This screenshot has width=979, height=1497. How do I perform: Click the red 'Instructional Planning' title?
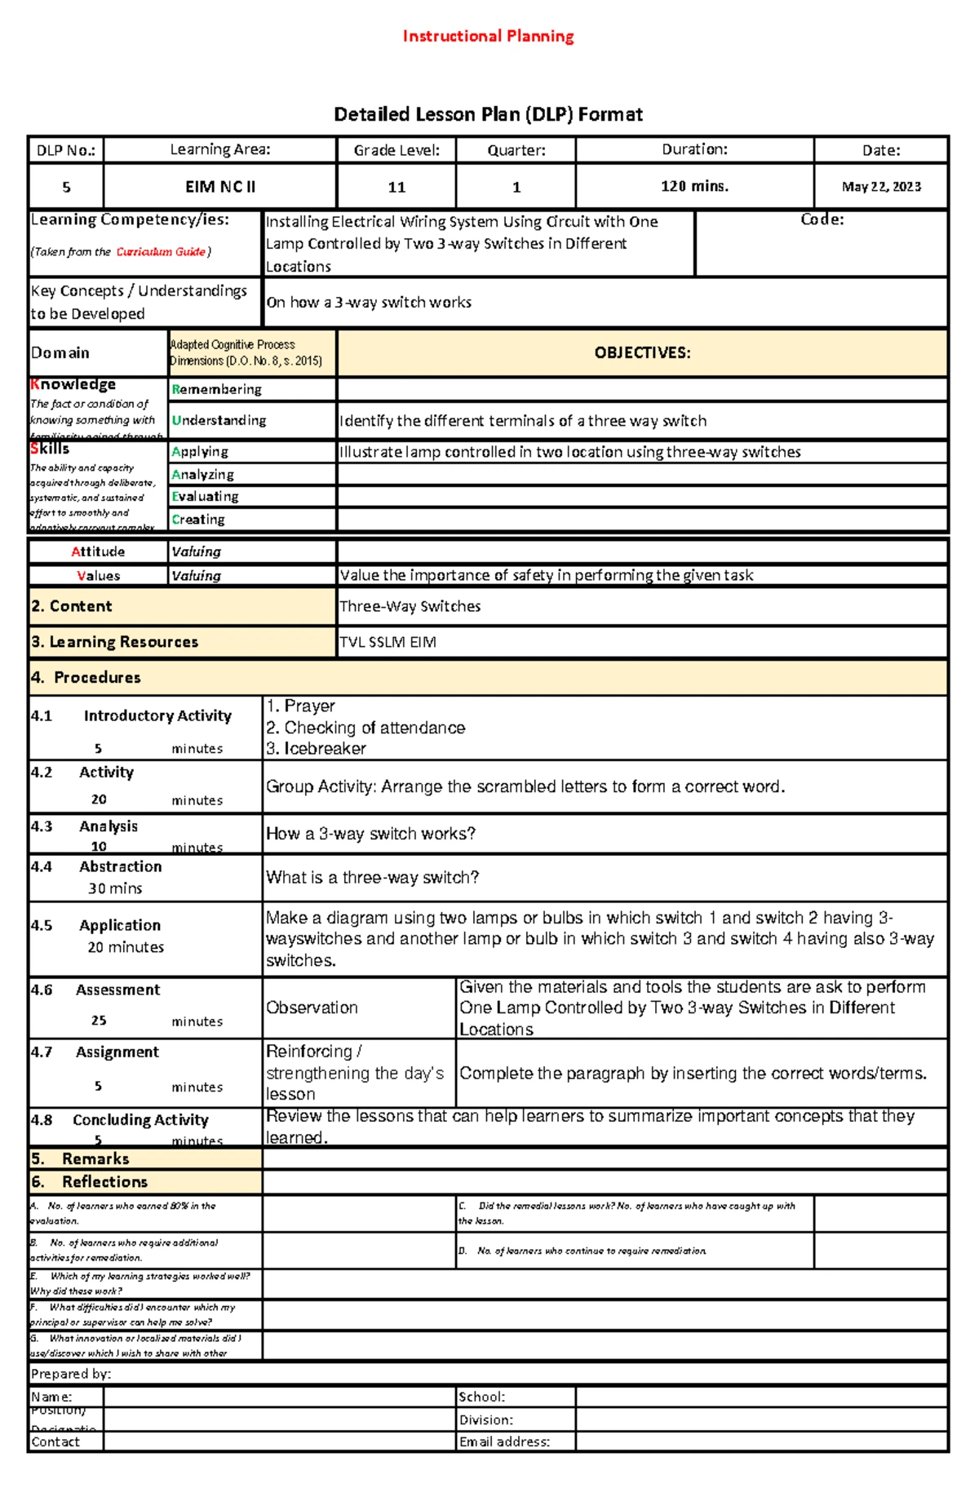[488, 36]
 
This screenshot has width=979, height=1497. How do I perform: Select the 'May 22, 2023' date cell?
[881, 187]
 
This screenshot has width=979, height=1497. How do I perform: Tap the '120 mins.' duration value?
[694, 186]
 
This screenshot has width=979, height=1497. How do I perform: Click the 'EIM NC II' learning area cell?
[220, 187]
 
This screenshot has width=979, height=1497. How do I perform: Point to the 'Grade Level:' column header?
[396, 150]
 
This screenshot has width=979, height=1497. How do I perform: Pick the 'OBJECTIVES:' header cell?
[642, 352]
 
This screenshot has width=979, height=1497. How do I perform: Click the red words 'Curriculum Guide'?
[161, 252]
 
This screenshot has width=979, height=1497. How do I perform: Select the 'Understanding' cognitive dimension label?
[219, 420]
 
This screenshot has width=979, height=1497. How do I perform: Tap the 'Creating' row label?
[198, 519]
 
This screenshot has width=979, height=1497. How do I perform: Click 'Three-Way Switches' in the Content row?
[410, 606]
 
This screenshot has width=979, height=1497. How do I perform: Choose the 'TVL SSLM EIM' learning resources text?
[388, 642]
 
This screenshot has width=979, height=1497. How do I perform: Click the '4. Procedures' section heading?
[86, 677]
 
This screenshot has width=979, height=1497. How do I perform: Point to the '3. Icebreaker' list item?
[316, 748]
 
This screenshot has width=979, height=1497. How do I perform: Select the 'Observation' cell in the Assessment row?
[312, 1008]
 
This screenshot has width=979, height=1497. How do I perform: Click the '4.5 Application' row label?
[96, 925]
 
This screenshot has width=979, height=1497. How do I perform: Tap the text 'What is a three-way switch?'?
[372, 878]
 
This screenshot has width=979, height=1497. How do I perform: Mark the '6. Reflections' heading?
[90, 1181]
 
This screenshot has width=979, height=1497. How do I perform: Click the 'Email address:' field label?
[504, 1442]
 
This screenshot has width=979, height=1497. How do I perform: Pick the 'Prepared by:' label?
[70, 1374]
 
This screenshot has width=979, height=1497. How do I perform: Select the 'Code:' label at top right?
[822, 219]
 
